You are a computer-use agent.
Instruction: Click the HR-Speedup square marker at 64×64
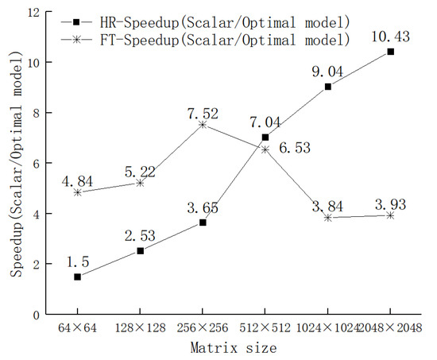click(77, 277)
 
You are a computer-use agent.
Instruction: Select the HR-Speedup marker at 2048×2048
click(390, 52)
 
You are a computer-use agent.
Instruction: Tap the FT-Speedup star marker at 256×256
click(203, 125)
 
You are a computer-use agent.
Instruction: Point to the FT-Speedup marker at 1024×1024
click(327, 218)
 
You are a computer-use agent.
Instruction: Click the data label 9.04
click(327, 72)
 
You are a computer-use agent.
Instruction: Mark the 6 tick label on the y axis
click(37, 163)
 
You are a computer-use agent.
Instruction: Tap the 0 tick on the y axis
click(37, 315)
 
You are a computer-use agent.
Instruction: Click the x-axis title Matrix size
click(234, 347)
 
